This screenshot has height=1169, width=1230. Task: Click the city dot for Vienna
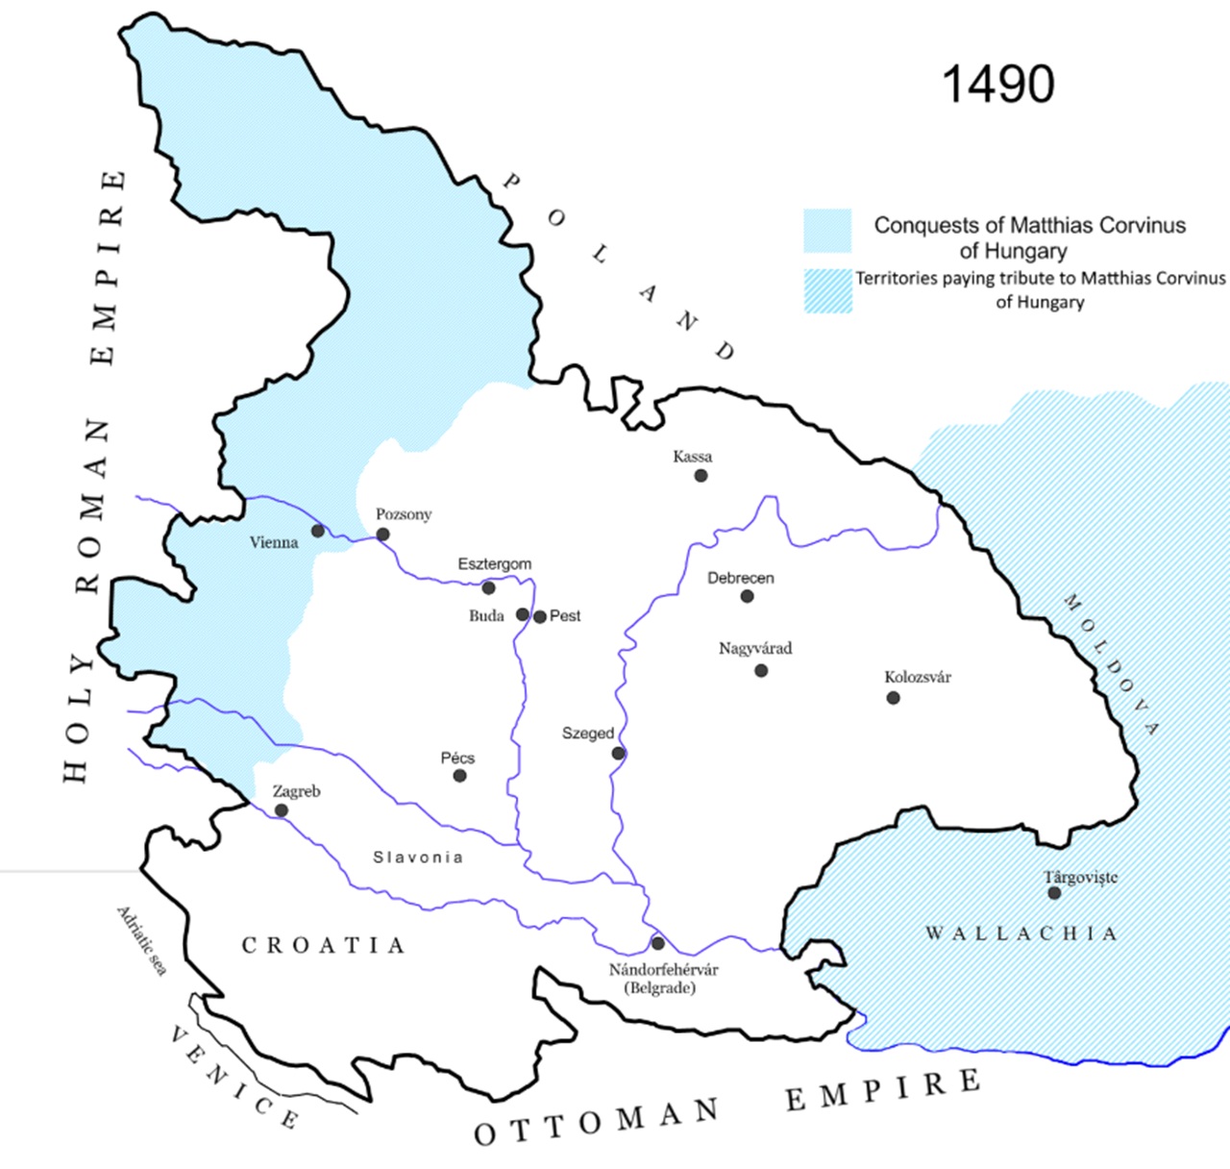(x=317, y=531)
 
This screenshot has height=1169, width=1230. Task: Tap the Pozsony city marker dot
(x=382, y=535)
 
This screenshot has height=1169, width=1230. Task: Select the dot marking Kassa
(x=701, y=475)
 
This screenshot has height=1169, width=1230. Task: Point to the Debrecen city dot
(x=747, y=596)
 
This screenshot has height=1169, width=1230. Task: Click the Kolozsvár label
(x=917, y=677)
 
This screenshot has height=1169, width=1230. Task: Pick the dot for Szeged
(x=618, y=753)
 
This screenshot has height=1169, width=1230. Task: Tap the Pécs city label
(x=457, y=758)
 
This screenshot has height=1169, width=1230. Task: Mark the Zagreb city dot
(x=281, y=810)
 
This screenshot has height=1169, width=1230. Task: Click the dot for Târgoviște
(x=1054, y=893)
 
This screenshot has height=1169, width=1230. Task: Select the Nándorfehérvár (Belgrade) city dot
(x=657, y=943)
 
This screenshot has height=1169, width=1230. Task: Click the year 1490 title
(x=997, y=85)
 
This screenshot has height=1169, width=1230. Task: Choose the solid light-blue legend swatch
(x=827, y=231)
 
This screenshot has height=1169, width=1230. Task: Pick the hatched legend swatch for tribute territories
(x=827, y=290)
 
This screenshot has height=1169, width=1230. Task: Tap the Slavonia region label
(x=418, y=857)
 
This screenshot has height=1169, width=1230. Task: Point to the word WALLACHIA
(x=1021, y=933)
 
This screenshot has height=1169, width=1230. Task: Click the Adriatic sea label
(x=142, y=939)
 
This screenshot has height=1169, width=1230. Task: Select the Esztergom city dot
(x=488, y=587)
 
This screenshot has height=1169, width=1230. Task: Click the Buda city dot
(x=522, y=614)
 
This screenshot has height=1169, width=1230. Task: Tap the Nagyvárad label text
(x=755, y=648)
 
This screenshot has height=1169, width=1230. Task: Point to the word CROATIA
(x=323, y=946)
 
